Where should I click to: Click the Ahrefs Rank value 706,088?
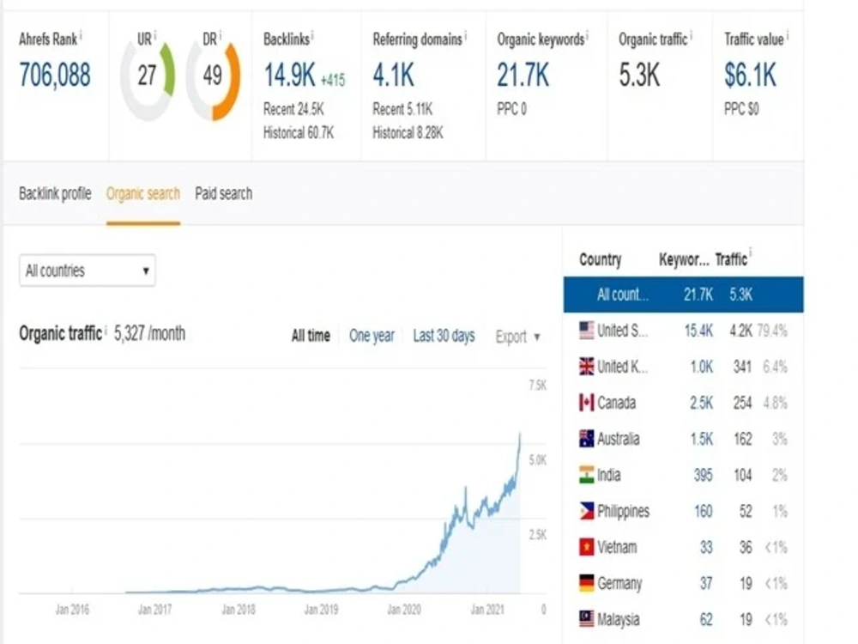55,75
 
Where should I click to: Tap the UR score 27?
147,75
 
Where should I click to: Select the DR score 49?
212,75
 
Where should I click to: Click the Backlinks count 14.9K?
289,75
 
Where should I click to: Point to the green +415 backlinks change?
333,81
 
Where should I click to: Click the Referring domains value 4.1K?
394,75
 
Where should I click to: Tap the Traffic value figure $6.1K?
750,75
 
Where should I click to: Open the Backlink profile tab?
55,193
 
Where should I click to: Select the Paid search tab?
224,193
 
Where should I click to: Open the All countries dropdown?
88,270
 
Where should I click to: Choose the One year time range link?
372,336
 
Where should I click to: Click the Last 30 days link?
444,336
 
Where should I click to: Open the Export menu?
517,337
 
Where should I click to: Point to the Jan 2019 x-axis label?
321,610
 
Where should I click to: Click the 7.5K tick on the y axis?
537,385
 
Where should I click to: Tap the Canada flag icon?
587,403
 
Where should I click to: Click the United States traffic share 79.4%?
773,331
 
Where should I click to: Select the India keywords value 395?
704,475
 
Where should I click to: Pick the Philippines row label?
623,511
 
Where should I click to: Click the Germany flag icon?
587,583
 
